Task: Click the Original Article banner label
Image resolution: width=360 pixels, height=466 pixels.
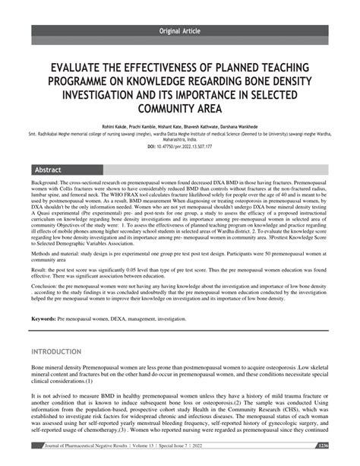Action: pos(180,30)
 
